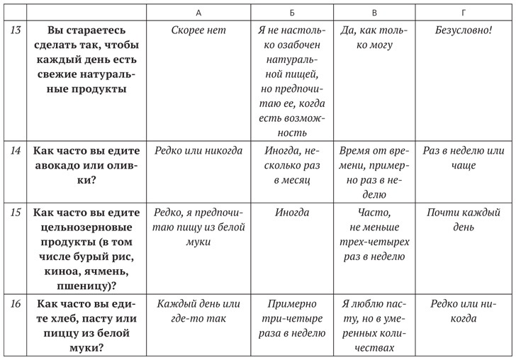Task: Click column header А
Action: pyautogui.click(x=198, y=12)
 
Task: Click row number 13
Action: pyautogui.click(x=15, y=31)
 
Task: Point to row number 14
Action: pyautogui.click(x=15, y=150)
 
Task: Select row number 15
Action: pyautogui.click(x=15, y=212)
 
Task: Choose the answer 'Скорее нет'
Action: pyautogui.click(x=198, y=31)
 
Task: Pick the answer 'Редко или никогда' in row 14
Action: pyautogui.click(x=198, y=150)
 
